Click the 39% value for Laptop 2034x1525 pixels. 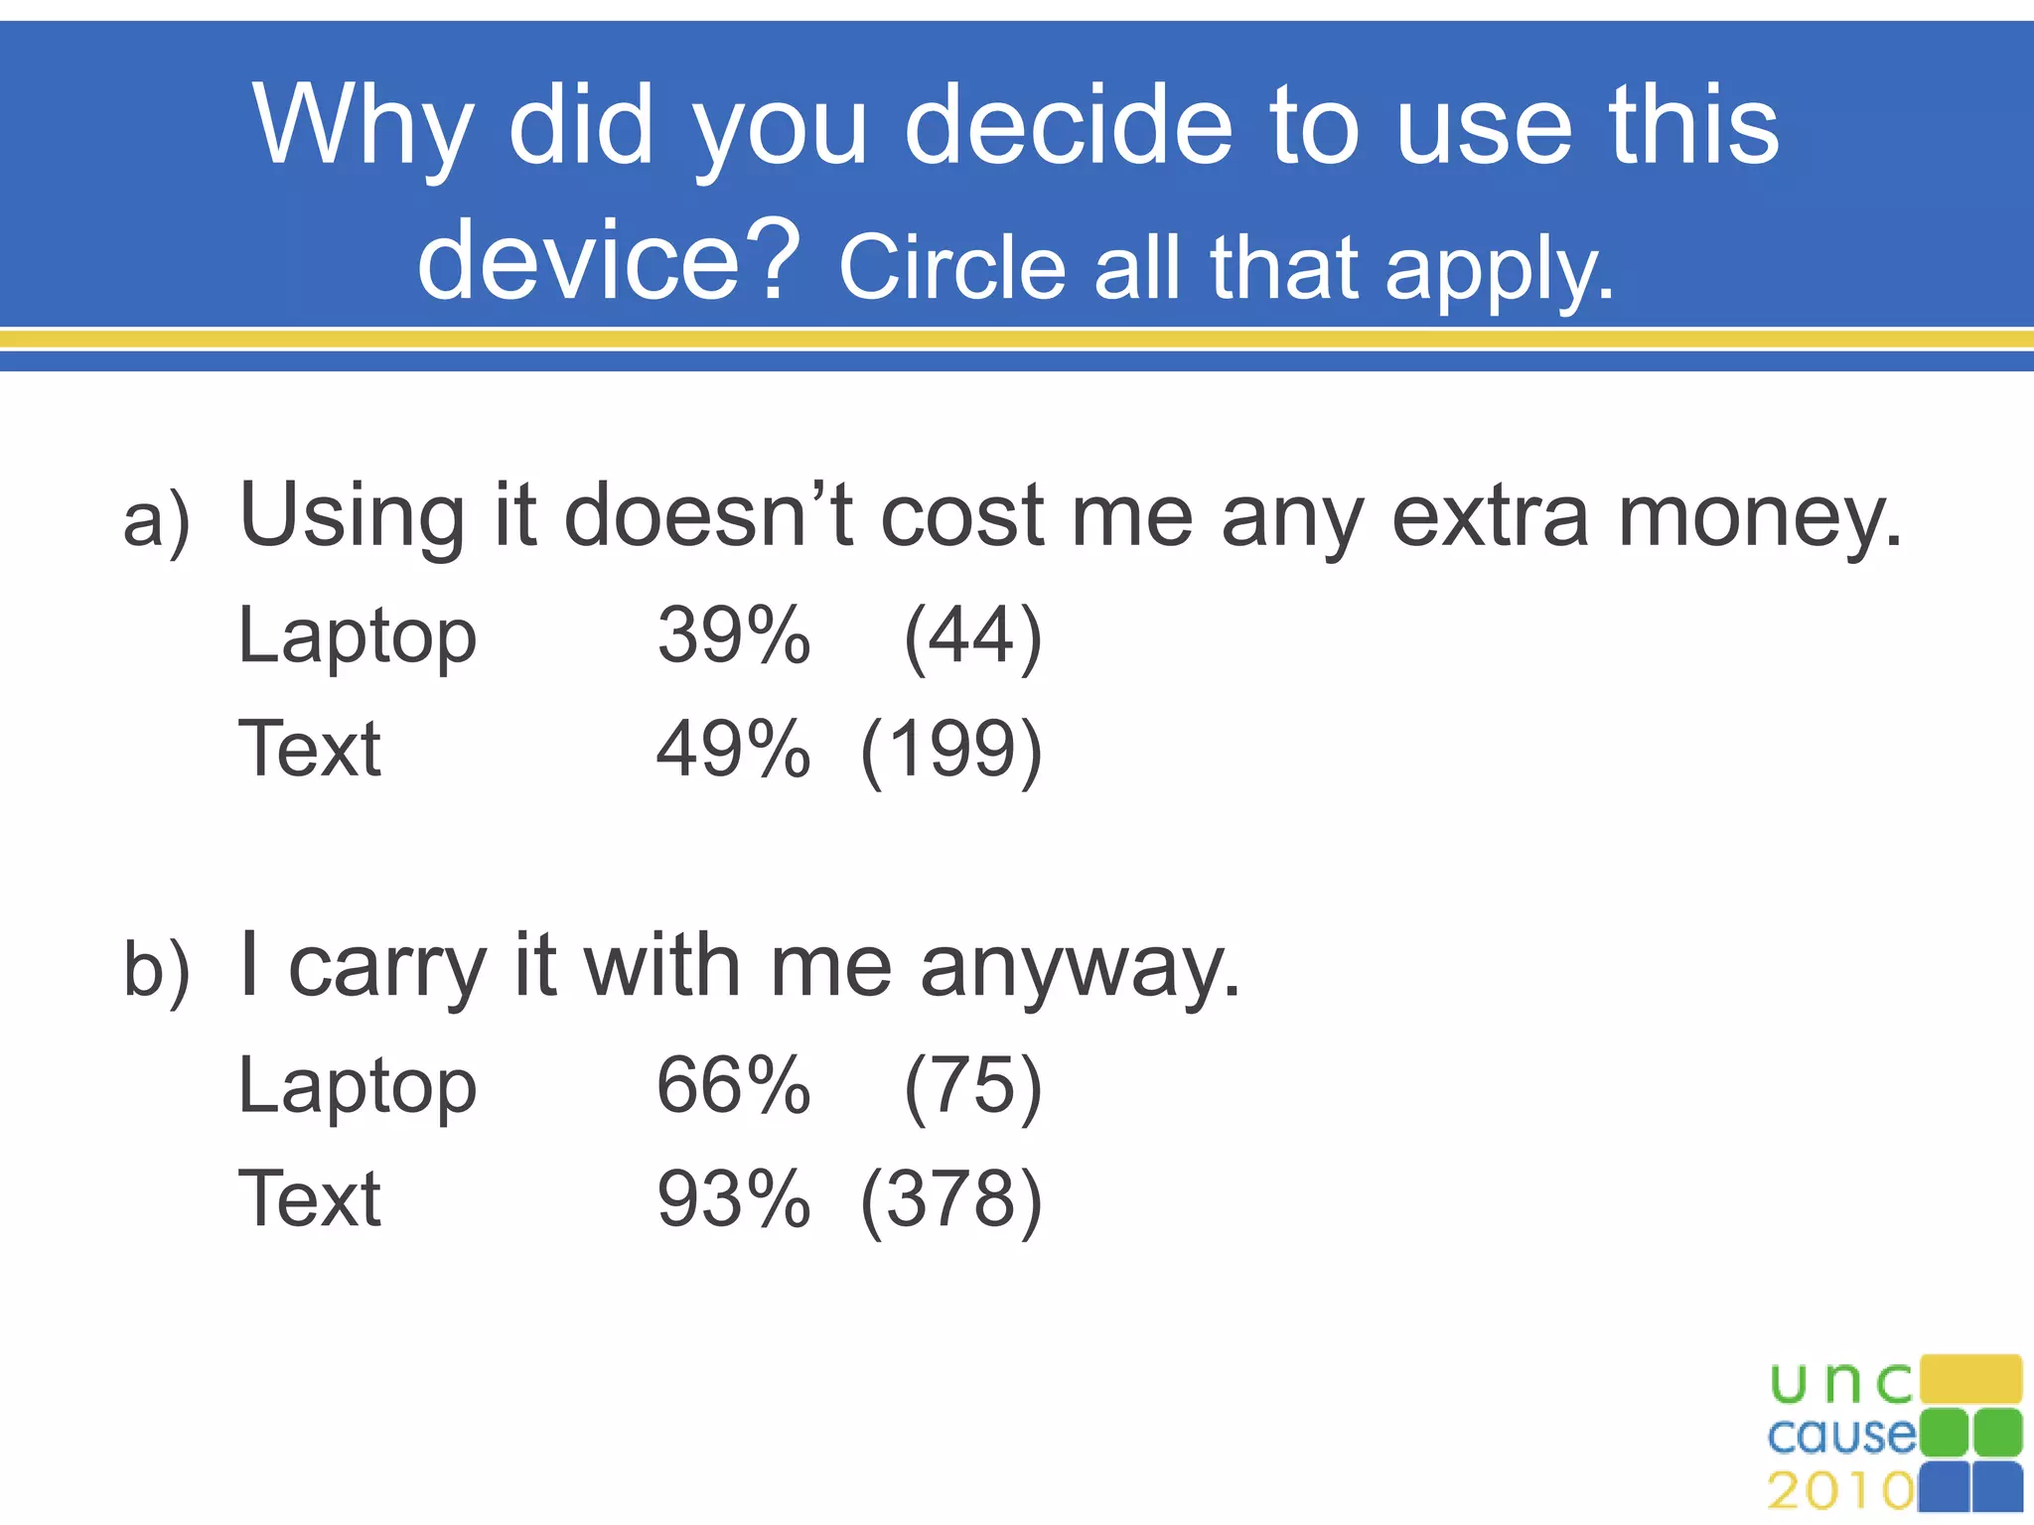tap(733, 635)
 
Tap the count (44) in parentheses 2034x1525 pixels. tap(972, 635)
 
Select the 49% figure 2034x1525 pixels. tap(733, 749)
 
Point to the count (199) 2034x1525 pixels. tap(951, 749)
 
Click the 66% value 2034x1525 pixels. tap(733, 1085)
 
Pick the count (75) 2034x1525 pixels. tap(972, 1085)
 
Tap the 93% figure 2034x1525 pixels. tap(733, 1198)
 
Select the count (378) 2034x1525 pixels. tap(951, 1198)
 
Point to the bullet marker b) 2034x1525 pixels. tap(156, 969)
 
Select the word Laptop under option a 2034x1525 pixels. tap(358, 637)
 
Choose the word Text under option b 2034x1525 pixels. tap(310, 1198)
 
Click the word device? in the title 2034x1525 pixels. tap(608, 260)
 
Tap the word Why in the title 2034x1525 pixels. tap(362, 127)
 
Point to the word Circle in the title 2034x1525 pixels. tap(951, 268)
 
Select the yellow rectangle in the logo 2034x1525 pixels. tap(1970, 1379)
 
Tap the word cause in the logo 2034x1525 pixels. tap(1840, 1435)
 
